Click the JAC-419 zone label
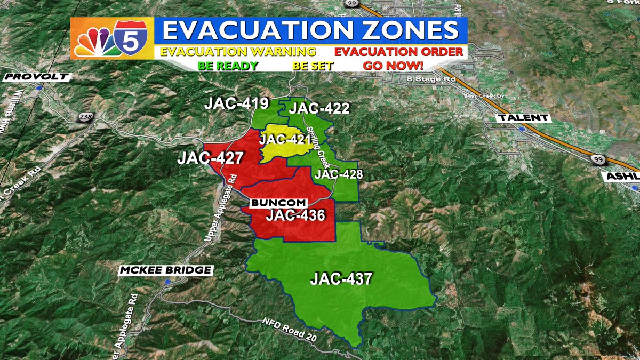236,103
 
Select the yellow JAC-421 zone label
285,140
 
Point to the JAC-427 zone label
211,158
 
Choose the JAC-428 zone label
339,174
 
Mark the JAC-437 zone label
341,278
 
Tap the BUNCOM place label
278,203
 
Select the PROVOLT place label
36,77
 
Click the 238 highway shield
85,117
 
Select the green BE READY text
228,66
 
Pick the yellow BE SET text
313,66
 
